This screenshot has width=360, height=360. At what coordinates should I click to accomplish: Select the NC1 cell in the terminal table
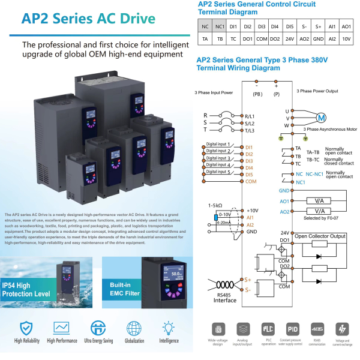(x=220, y=26)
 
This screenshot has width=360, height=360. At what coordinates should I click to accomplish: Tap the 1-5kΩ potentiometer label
(x=215, y=206)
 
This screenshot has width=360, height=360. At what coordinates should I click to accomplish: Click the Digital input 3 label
(x=218, y=158)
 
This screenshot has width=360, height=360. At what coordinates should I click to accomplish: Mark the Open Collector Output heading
(x=320, y=236)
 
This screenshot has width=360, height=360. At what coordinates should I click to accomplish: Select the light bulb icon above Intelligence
(x=169, y=328)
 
